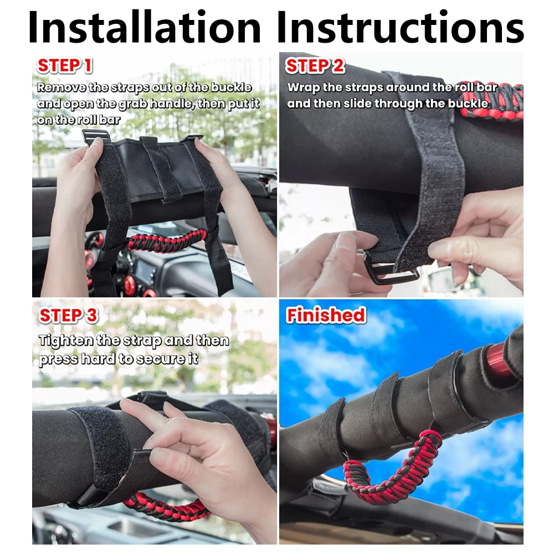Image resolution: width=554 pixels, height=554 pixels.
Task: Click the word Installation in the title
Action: coord(144,27)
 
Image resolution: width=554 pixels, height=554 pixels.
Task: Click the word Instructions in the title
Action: coord(401,27)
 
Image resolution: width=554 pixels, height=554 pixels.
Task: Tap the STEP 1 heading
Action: coord(65,65)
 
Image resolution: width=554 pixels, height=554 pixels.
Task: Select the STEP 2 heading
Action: coord(315,66)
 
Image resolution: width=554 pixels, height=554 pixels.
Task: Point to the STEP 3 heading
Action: coord(69,315)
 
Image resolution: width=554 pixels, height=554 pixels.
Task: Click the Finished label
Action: coord(326,315)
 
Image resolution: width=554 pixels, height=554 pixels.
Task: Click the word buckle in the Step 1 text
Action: coord(232,88)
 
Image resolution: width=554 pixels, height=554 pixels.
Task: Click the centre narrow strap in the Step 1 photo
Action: coord(161,170)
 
